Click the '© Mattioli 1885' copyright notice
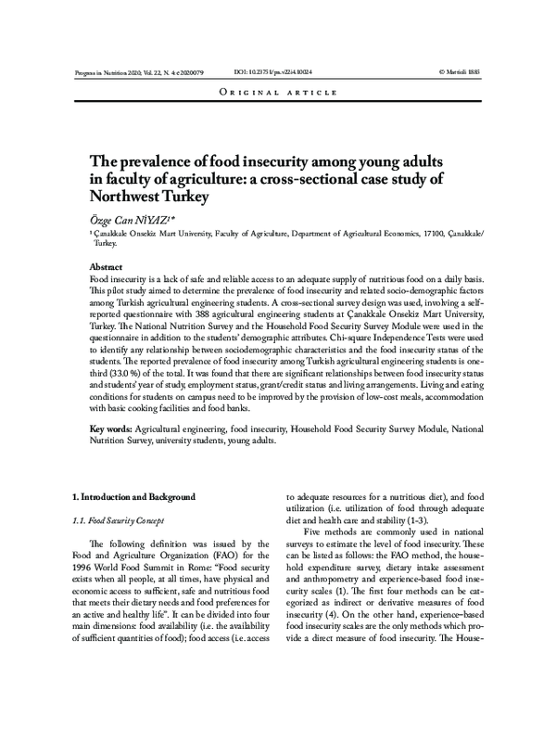461,70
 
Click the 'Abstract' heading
106,267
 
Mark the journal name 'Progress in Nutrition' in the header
102,70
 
